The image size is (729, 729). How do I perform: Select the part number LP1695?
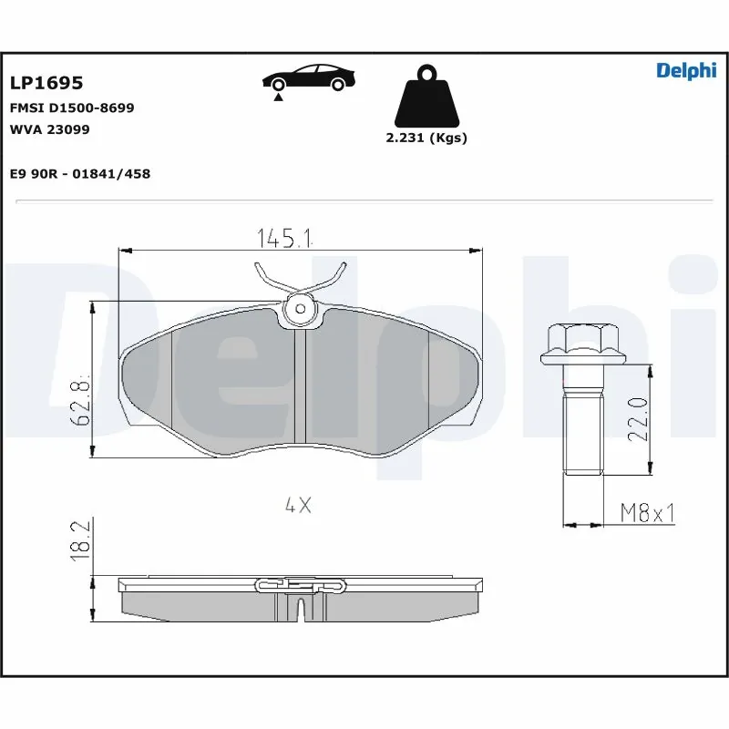[x=46, y=83]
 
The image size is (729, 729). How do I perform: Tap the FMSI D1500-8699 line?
[x=72, y=108]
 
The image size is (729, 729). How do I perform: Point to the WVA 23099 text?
[x=49, y=129]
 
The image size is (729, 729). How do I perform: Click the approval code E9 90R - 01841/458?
[x=79, y=173]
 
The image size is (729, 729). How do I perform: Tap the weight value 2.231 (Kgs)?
[x=426, y=138]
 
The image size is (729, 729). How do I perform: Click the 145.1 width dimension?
[x=284, y=239]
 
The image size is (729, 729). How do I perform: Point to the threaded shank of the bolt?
[x=583, y=428]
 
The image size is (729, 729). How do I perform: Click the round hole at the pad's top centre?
[x=298, y=310]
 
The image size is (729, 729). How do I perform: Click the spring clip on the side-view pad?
[x=301, y=584]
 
